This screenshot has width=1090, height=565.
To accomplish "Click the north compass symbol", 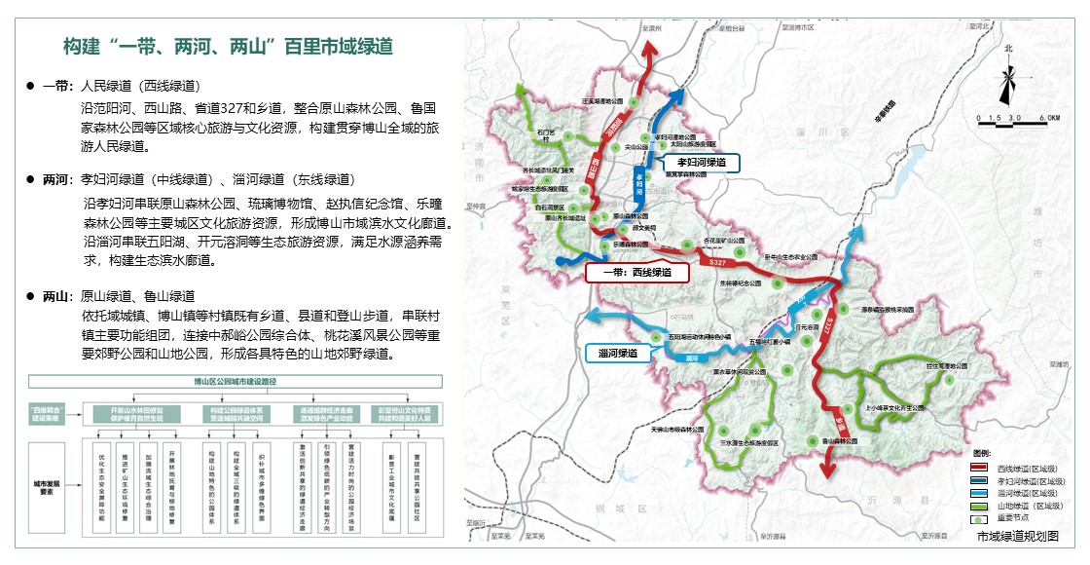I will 1008,78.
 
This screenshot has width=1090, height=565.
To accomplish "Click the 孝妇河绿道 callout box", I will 698,164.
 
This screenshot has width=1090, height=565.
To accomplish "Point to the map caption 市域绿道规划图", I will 1017,536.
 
